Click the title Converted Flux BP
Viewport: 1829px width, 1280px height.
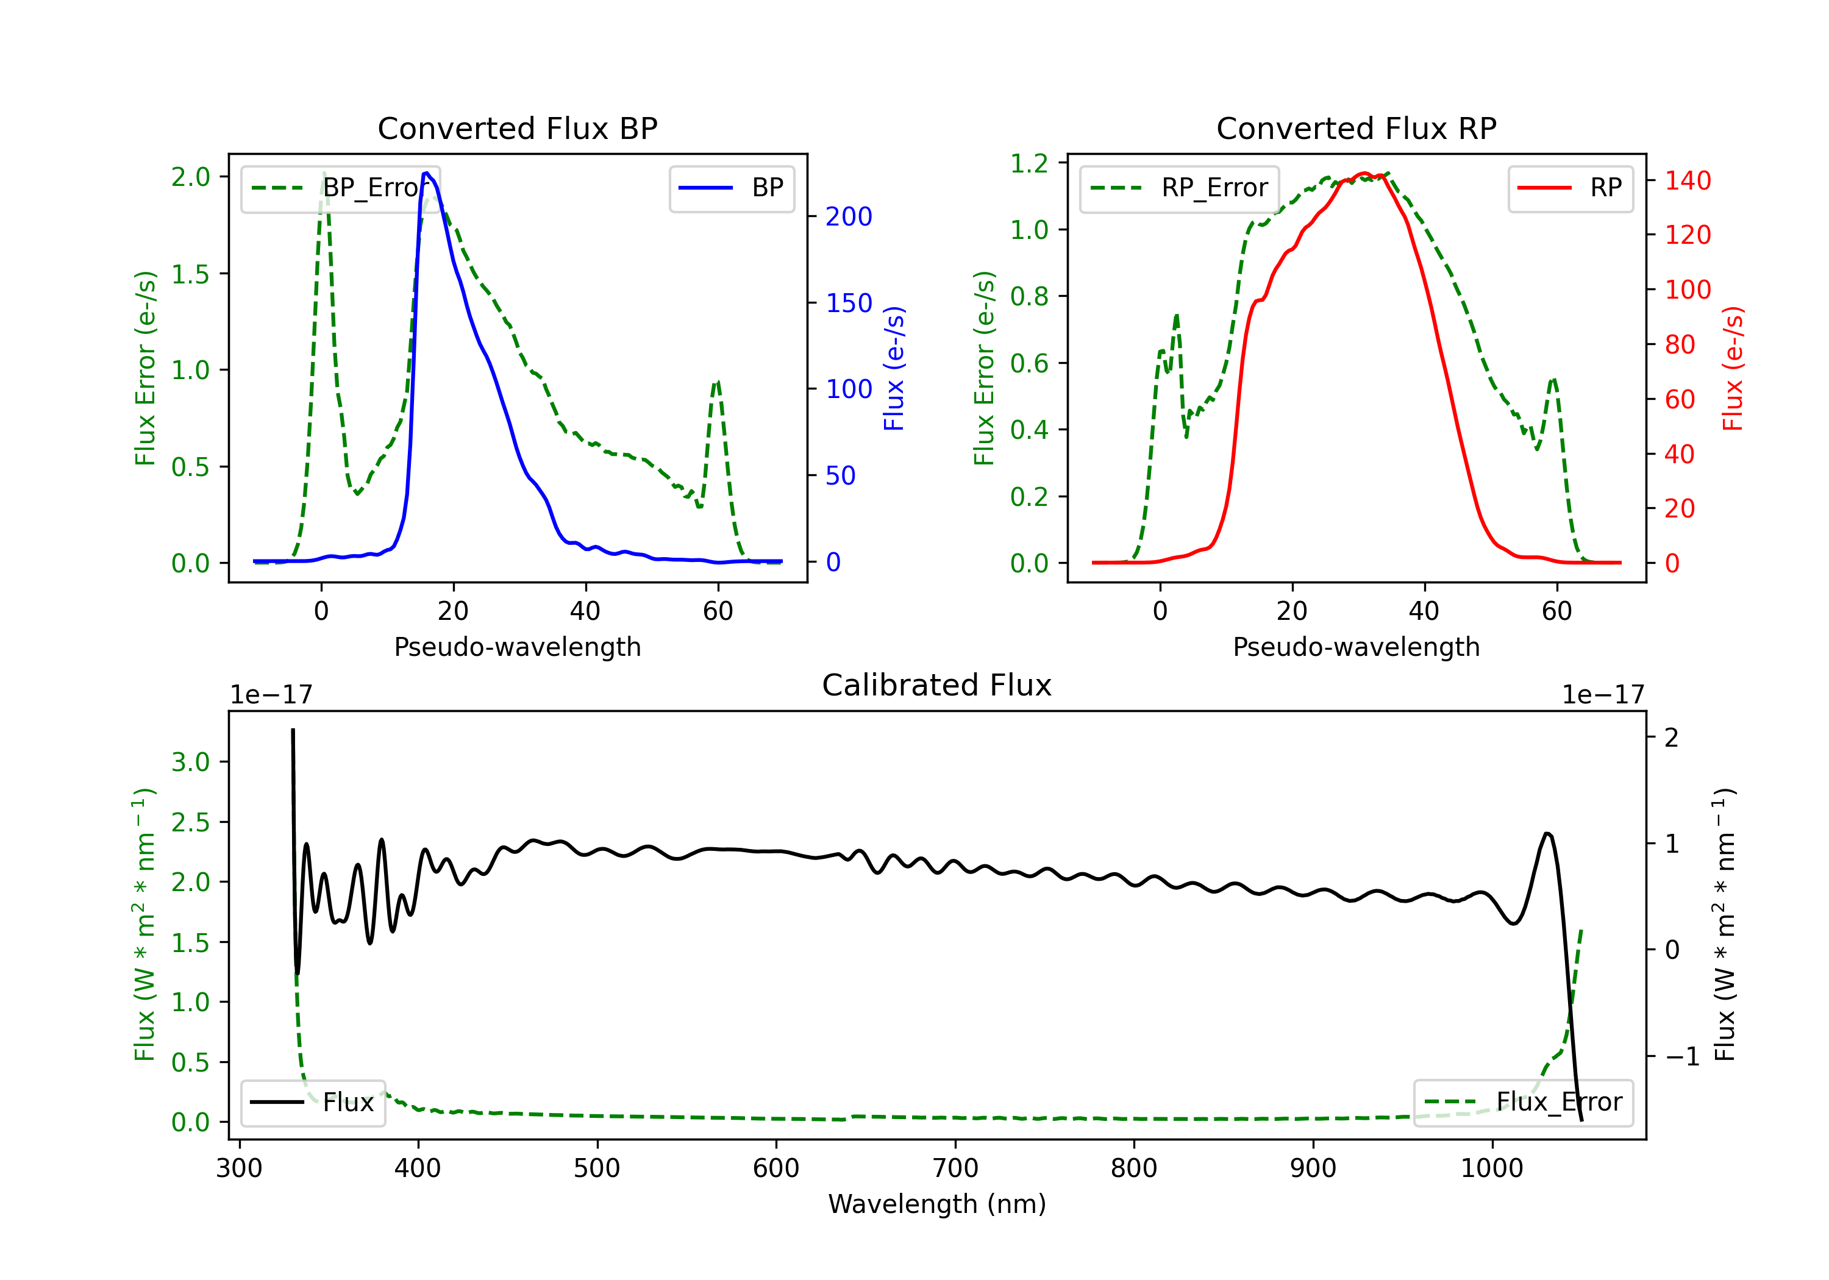[x=517, y=128]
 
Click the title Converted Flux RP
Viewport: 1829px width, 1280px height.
[x=1356, y=128]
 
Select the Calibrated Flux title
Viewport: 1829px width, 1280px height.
[x=937, y=685]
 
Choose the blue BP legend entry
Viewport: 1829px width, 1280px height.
[x=731, y=188]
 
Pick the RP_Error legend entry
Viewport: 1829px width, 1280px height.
[x=1179, y=188]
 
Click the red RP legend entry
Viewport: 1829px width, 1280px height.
[x=1570, y=188]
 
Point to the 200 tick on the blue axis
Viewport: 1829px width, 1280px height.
[x=849, y=216]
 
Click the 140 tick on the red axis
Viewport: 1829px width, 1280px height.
[x=1687, y=181]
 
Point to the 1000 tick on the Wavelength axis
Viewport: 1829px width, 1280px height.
[x=1491, y=1168]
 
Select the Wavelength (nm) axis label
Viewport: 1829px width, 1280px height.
[x=937, y=1204]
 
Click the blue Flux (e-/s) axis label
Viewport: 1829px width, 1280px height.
[x=894, y=369]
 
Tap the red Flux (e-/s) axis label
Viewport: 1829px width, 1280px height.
[x=1733, y=369]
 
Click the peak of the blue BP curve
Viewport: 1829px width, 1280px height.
[x=427, y=173]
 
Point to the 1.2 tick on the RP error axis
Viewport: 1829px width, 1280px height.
[x=1029, y=163]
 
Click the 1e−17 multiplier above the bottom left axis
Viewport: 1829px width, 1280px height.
[x=271, y=695]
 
